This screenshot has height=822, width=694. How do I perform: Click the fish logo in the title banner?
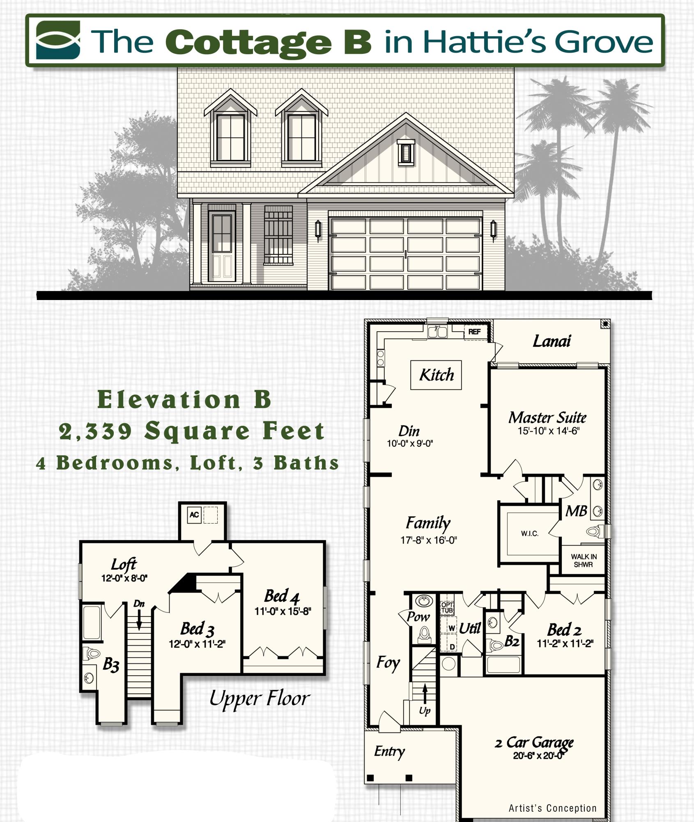pos(58,40)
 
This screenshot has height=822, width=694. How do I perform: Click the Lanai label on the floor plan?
pos(551,341)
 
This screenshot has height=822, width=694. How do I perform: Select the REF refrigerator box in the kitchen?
pos(474,332)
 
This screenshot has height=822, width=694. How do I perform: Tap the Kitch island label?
pos(436,375)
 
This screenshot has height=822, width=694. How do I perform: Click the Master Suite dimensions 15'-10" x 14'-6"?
pos(548,431)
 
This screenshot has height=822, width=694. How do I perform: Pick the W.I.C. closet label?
pos(530,533)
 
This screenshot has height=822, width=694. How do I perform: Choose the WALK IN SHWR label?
pos(584,561)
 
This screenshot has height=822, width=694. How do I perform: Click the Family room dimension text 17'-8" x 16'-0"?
pos(428,540)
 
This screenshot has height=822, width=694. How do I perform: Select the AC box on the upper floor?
pos(194,515)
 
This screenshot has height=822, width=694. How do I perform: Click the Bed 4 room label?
pos(282,596)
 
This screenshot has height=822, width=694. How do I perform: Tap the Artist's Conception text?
pos(552,808)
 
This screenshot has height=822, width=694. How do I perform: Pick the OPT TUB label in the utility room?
pos(447,607)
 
